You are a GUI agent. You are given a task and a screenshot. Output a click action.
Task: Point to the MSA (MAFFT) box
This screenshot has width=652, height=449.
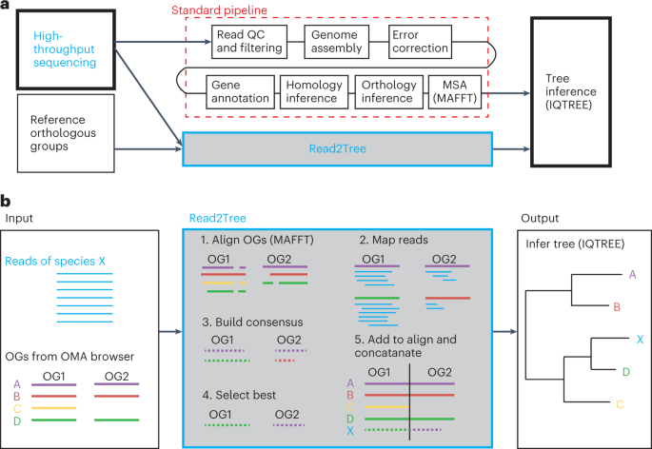458,94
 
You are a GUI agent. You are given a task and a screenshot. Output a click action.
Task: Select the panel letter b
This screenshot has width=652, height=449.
8,201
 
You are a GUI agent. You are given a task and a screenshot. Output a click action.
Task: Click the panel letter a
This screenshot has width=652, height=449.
8,8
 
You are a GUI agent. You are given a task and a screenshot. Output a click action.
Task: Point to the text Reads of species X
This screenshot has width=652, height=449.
54,261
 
